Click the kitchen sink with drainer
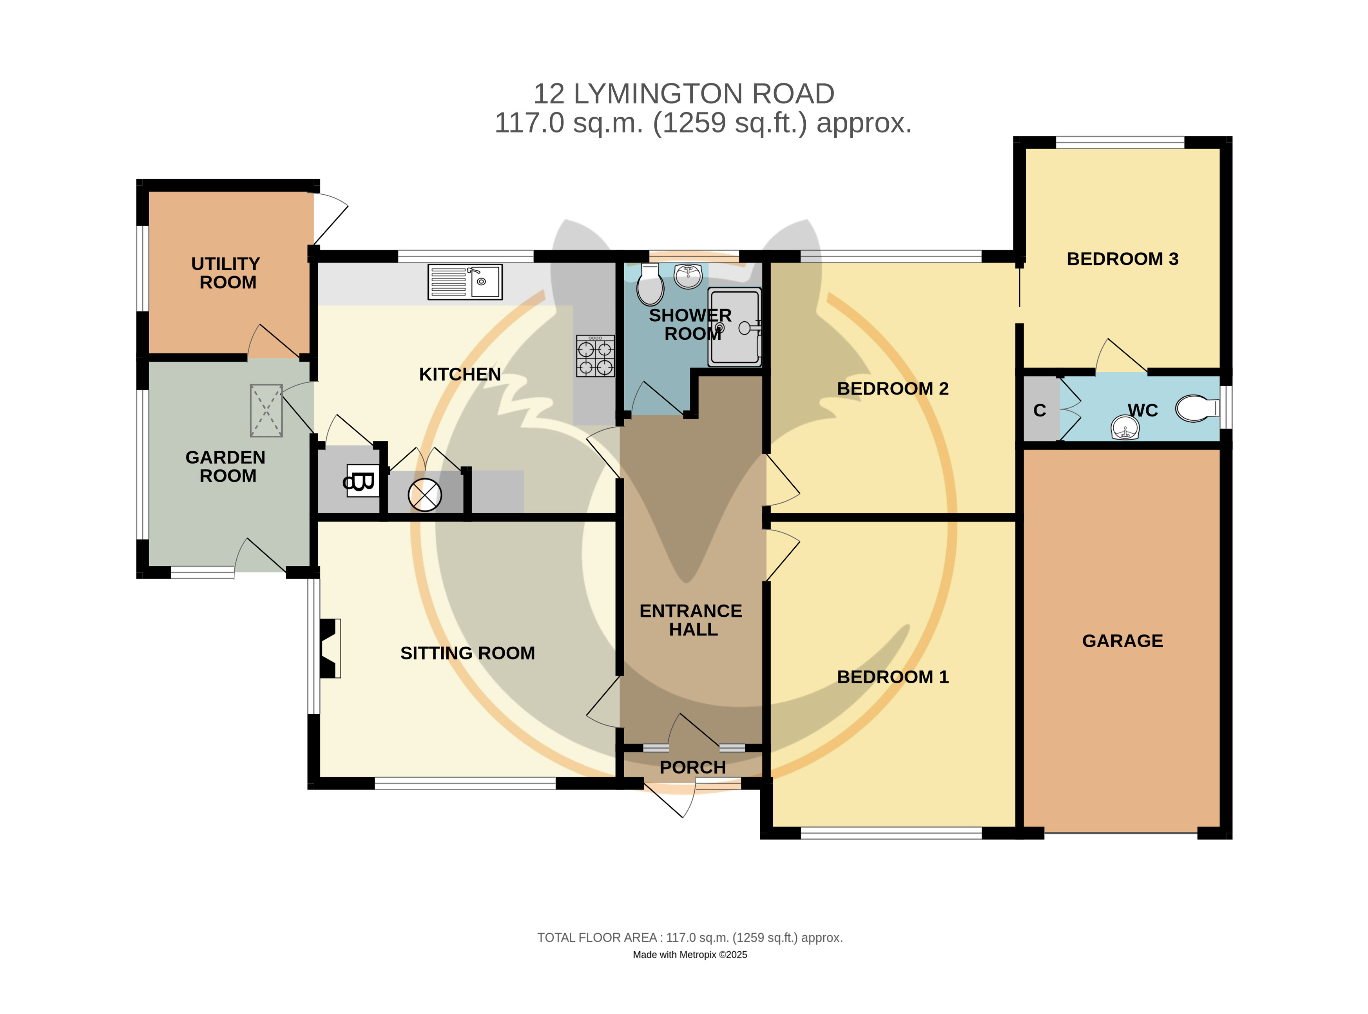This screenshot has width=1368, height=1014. click(x=465, y=282)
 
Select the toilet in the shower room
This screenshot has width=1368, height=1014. click(x=650, y=284)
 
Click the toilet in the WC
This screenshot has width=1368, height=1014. click(x=1197, y=408)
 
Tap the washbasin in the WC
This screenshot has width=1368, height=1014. click(x=1125, y=427)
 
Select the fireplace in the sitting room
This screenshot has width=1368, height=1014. click(x=330, y=648)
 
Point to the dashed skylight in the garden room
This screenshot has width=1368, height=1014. click(x=266, y=411)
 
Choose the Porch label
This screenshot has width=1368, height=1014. click(x=692, y=767)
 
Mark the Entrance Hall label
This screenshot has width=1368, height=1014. click(x=691, y=620)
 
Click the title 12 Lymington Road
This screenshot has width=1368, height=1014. click(x=684, y=94)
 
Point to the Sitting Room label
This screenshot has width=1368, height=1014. click(x=467, y=653)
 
